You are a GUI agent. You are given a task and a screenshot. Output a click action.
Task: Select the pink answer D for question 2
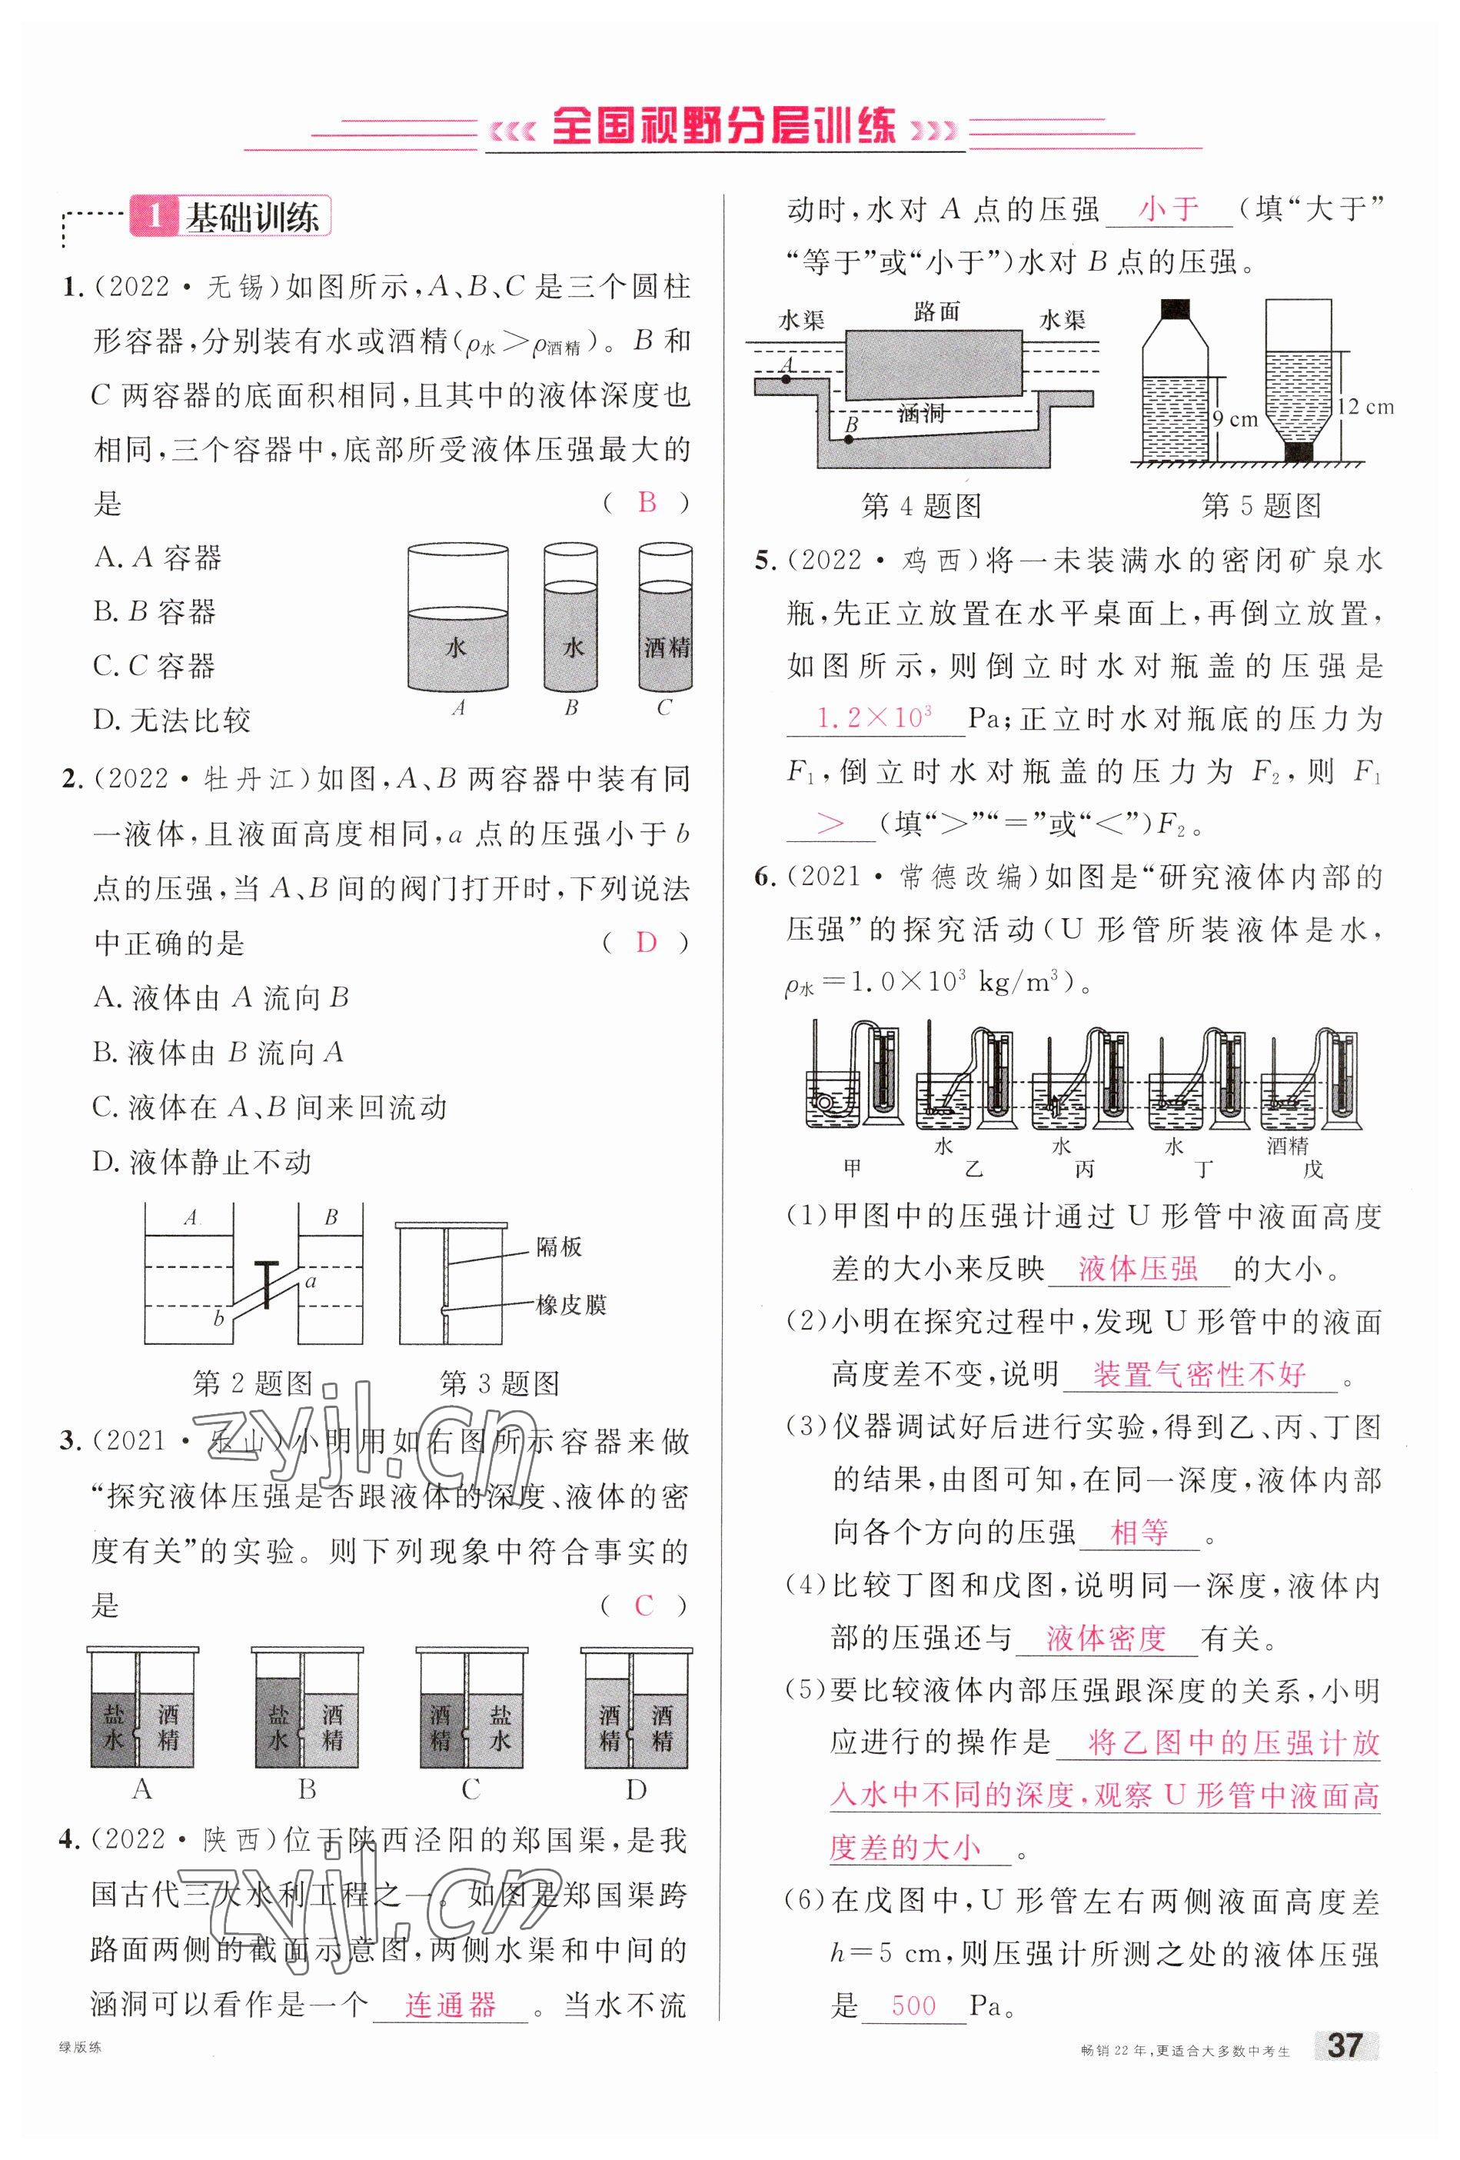point(646,943)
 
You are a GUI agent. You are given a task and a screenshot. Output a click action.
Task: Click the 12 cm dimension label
point(1366,406)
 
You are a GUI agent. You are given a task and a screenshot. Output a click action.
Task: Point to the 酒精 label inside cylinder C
point(667,647)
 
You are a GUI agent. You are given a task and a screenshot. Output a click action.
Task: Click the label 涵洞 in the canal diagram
point(921,411)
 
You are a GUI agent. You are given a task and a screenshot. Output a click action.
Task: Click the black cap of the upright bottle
point(1176,307)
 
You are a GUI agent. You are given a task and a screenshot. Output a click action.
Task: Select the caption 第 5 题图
point(1261,506)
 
